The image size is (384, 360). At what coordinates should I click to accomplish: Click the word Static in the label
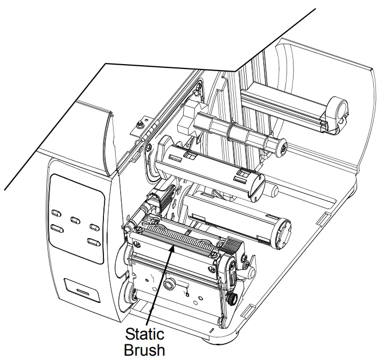144,332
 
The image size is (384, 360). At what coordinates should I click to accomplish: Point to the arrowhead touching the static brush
172,247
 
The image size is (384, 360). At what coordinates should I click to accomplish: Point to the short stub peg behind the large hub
273,190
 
